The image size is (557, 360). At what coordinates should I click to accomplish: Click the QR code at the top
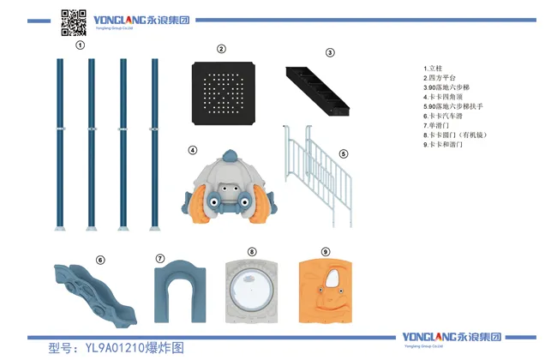click(74, 22)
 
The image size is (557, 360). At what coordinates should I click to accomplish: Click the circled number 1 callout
click(80, 45)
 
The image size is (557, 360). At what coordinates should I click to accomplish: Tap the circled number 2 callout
click(221, 49)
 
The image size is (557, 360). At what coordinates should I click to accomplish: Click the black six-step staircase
click(317, 87)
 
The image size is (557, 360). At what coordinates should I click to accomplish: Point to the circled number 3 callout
click(330, 52)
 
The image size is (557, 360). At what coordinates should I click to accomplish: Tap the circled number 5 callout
click(344, 154)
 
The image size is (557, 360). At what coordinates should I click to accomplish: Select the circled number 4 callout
click(193, 151)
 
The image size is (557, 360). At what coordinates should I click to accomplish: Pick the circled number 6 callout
click(100, 260)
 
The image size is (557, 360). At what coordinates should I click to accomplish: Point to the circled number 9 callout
click(325, 252)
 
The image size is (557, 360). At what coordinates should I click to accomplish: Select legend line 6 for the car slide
click(446, 116)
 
